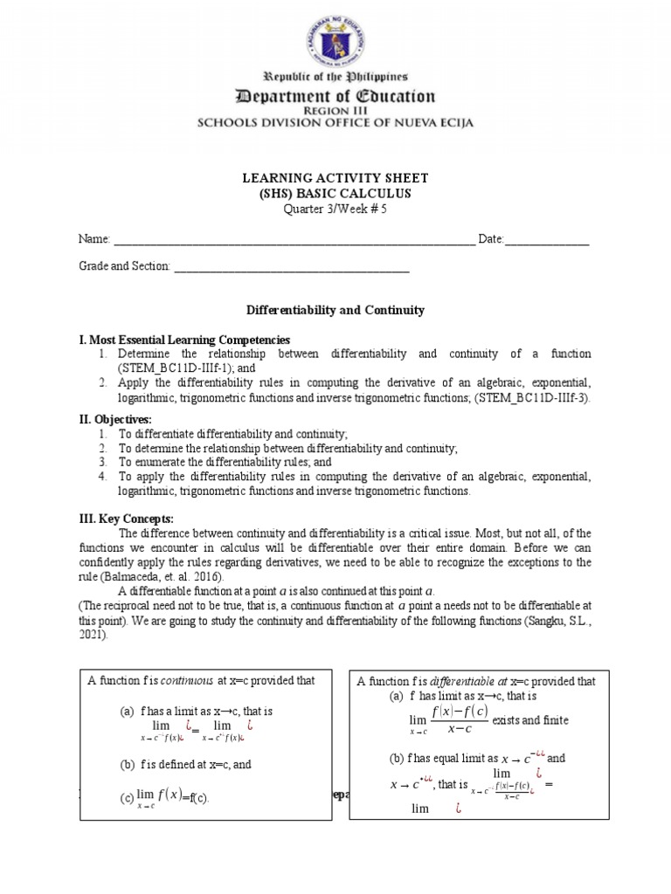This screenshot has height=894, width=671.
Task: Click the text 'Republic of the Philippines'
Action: click(335, 78)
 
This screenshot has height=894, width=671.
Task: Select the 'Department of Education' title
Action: click(335, 96)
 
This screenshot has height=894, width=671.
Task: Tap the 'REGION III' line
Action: click(335, 112)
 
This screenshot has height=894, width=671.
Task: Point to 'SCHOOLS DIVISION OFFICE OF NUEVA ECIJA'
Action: click(335, 123)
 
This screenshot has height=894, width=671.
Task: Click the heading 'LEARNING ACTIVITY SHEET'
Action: click(335, 178)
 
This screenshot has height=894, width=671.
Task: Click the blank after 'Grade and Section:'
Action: click(292, 266)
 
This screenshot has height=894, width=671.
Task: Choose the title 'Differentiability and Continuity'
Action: click(335, 310)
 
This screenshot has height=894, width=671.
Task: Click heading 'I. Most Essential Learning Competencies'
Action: click(184, 339)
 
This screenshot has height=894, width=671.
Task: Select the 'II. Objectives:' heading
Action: click(115, 420)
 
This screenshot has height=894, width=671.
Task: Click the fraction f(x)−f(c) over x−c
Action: click(458, 719)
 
